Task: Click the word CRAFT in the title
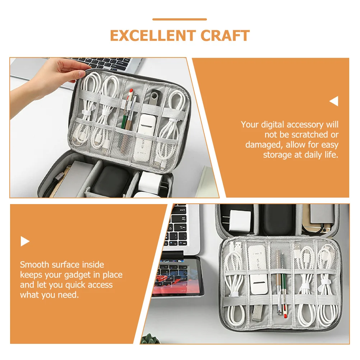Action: [225, 36]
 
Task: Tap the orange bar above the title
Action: [180, 19]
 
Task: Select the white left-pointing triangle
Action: [334, 102]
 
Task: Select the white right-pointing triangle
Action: [25, 241]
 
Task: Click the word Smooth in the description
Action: [35, 265]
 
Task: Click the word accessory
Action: [305, 125]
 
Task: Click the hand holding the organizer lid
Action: [54, 72]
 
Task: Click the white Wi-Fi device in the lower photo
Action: [258, 266]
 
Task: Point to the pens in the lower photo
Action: [280, 284]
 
